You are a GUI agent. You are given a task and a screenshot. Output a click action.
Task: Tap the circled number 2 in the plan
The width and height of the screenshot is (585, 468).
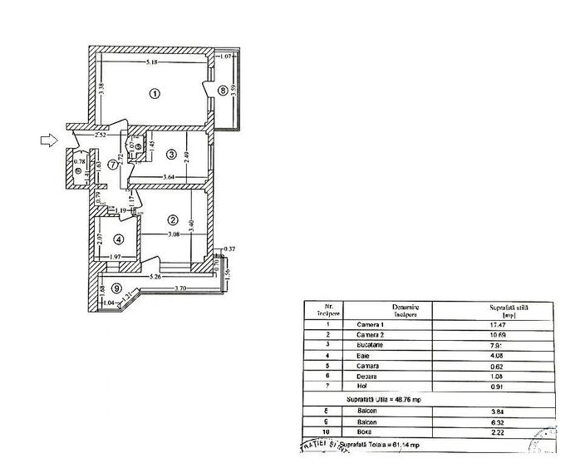tap(172, 220)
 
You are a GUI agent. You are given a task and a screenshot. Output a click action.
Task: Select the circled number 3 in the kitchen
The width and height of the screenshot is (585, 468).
tap(170, 154)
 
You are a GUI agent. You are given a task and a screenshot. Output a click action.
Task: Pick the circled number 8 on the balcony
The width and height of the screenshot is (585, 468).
tap(222, 90)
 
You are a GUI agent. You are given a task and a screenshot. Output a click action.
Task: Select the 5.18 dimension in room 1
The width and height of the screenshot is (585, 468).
tap(150, 64)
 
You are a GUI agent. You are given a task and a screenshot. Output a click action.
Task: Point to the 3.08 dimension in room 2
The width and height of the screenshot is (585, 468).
tap(173, 236)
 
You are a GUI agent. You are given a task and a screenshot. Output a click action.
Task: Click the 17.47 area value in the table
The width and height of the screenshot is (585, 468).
tap(498, 324)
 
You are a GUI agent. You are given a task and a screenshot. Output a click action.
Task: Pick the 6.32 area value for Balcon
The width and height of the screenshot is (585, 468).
tap(498, 423)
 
